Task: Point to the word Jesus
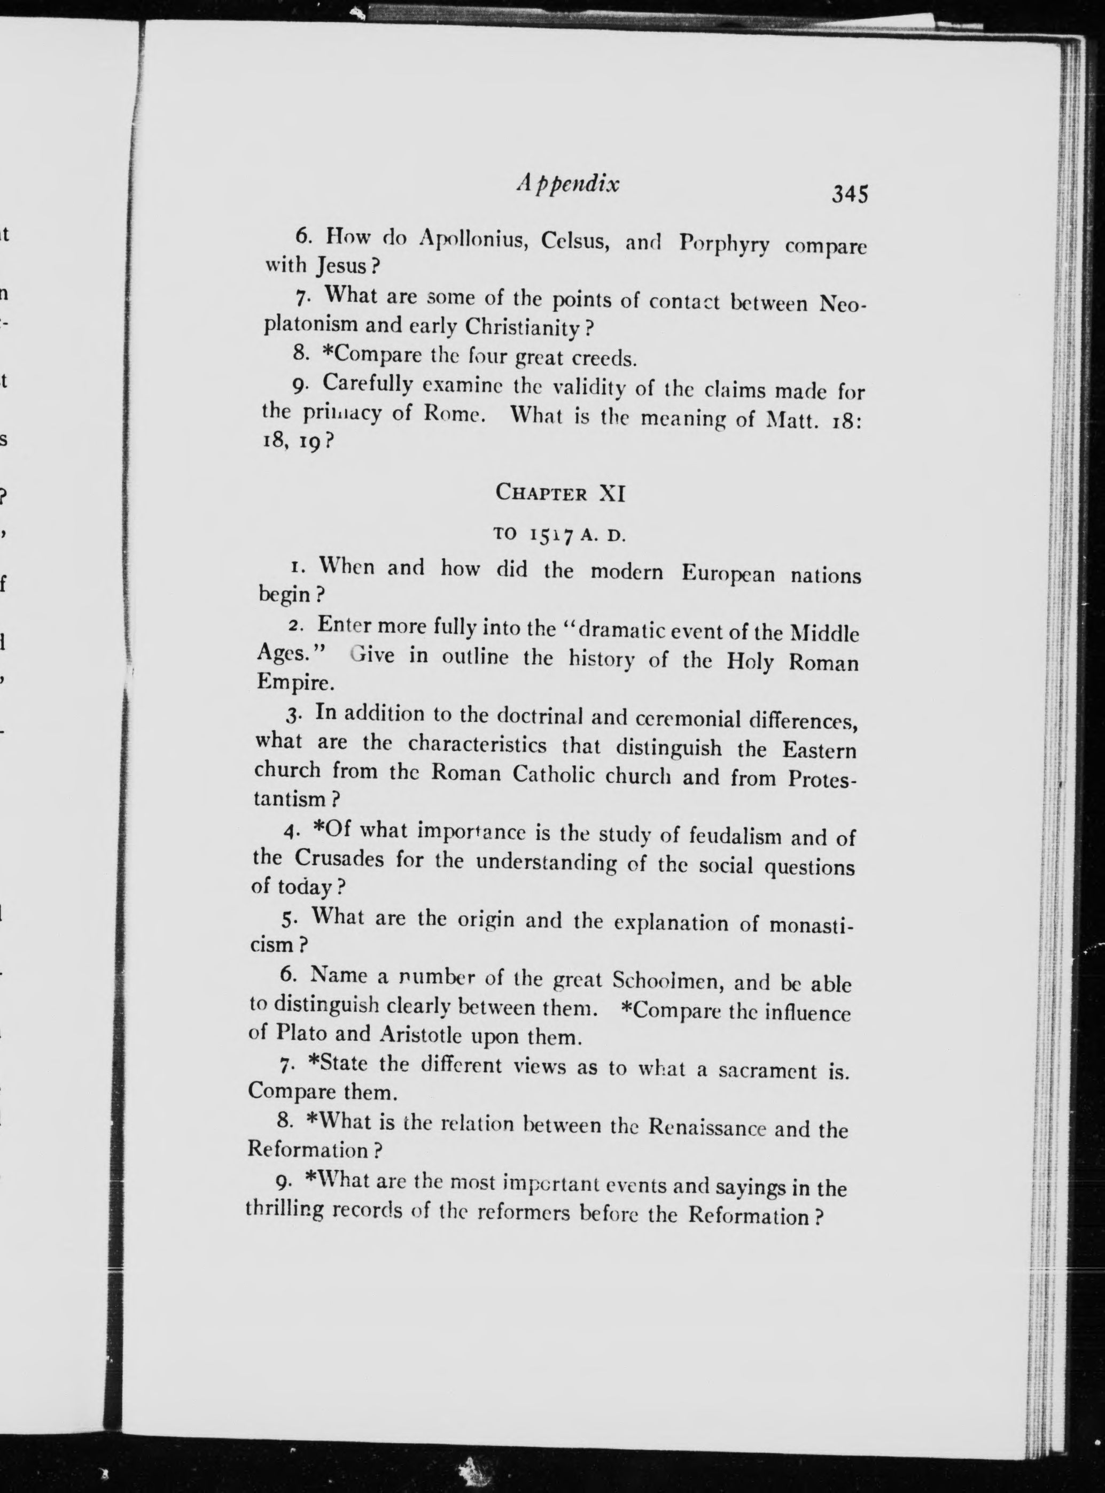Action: click(x=343, y=266)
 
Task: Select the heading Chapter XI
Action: click(x=560, y=493)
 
